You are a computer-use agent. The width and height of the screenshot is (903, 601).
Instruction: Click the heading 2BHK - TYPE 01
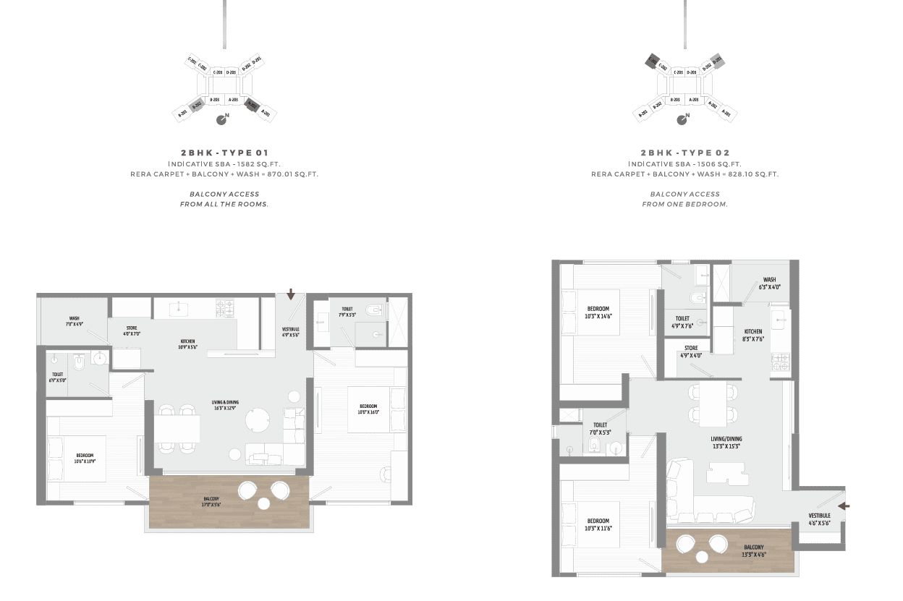[x=224, y=153]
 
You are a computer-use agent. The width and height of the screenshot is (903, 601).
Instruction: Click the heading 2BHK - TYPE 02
[x=684, y=153]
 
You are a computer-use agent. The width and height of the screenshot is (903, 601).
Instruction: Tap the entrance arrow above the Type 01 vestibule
[x=291, y=294]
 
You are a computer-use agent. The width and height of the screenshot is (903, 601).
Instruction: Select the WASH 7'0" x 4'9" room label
[x=75, y=320]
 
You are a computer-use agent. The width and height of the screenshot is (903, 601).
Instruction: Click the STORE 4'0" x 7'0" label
[x=131, y=331]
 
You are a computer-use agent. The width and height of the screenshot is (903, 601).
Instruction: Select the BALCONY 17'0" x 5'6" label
[x=211, y=501]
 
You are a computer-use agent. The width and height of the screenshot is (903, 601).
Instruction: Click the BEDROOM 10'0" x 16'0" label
[x=368, y=409]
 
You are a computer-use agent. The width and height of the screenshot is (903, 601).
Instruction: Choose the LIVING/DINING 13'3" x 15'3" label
[x=726, y=442]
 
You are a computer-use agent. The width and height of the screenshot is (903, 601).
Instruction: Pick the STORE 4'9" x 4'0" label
[x=691, y=352]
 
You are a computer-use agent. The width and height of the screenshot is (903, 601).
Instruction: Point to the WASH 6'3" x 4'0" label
[x=769, y=283]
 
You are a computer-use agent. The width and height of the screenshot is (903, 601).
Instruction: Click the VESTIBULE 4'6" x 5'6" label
[x=819, y=519]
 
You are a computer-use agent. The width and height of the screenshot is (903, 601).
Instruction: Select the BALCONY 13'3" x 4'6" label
[x=753, y=550]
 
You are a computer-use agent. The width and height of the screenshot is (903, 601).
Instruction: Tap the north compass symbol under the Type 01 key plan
[x=224, y=119]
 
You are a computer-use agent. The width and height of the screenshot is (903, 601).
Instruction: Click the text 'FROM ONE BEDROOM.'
[x=684, y=205]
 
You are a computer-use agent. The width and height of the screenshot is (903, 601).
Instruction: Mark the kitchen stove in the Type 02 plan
[x=780, y=362]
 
